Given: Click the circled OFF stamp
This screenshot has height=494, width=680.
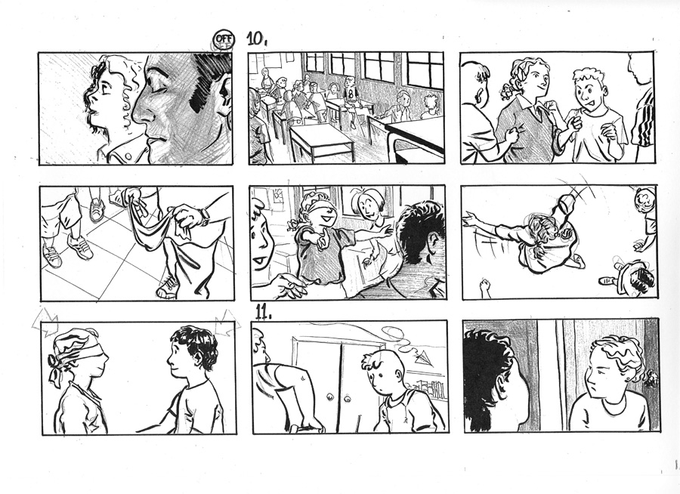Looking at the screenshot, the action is pos(224,40).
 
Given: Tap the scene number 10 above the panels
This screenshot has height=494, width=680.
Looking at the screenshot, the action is pos(257,39).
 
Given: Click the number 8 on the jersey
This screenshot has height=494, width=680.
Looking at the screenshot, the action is pos(351,93).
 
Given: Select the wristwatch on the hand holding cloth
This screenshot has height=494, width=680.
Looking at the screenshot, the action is pos(203,215).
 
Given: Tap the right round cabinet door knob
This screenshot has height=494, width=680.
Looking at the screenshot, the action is pos(348,397).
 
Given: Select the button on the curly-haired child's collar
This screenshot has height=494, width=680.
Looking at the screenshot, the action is pos(127,156).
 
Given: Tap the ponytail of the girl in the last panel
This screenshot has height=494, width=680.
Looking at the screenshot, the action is pos(649,378).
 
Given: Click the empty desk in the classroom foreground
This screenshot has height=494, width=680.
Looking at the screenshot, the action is pos(320,142).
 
